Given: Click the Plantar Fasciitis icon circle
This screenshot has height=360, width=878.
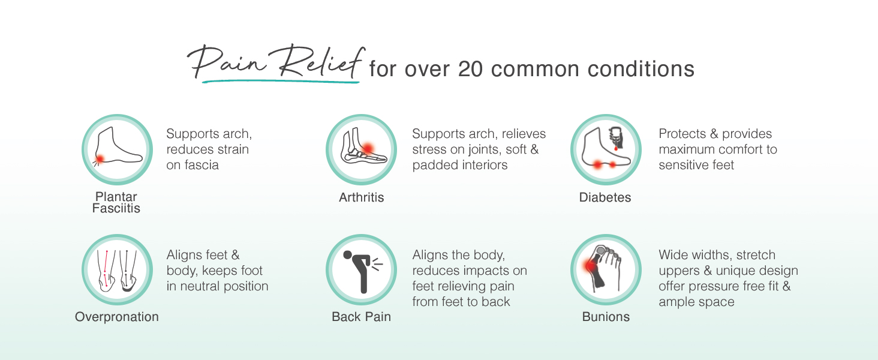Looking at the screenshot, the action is [117, 149].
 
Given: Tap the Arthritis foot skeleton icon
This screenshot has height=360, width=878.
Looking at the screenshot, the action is [362, 149].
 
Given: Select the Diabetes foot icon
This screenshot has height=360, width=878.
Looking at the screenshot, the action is [606, 149].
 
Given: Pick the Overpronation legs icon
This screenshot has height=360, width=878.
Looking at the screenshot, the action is [117, 269].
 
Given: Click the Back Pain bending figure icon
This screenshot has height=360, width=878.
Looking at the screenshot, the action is [362, 269].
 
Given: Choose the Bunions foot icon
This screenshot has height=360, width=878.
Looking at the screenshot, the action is [606, 269].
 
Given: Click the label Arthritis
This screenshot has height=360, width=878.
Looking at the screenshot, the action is [362, 197].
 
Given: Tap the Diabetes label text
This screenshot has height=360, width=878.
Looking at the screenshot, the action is [605, 197].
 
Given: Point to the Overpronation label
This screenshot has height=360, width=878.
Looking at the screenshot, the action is [117, 317].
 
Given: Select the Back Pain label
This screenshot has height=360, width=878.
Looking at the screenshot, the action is [362, 317].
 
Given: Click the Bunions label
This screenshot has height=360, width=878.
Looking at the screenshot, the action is [606, 317].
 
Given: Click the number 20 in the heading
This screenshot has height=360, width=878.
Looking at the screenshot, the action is [470, 69].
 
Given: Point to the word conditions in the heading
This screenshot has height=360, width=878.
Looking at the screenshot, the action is [641, 69].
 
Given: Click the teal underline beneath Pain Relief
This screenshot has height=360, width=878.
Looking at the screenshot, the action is [281, 81].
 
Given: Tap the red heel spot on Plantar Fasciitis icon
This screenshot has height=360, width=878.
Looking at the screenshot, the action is [100, 158].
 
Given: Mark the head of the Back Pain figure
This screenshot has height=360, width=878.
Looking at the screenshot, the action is [347, 255].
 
